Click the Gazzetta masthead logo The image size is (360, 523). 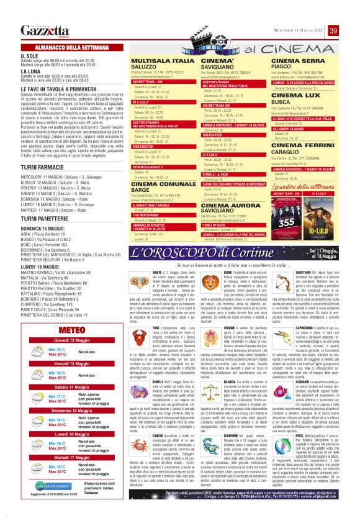click(x=45, y=30)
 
